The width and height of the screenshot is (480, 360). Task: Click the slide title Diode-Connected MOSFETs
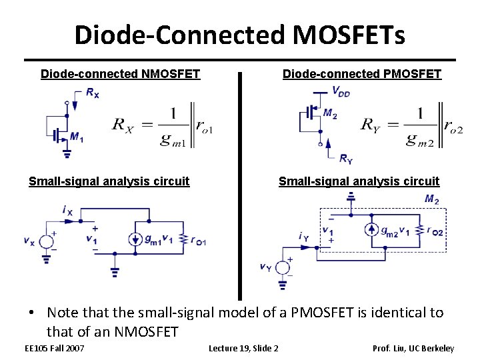(239, 35)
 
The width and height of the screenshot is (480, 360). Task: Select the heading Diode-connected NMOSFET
(120, 74)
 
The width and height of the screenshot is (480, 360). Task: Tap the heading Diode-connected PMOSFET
(361, 74)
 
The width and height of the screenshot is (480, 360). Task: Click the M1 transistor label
(77, 138)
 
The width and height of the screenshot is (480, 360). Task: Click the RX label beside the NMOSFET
(93, 93)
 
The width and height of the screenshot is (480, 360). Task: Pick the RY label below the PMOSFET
(346, 158)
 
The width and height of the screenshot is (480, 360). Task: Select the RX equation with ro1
(162, 125)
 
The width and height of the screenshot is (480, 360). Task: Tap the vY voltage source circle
(283, 267)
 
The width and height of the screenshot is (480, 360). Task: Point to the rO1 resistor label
(198, 241)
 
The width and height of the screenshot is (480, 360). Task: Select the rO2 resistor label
(435, 231)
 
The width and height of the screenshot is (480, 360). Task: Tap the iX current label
(67, 210)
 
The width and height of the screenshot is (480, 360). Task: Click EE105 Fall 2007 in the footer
(54, 348)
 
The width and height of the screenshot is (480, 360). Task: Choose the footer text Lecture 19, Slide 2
(243, 348)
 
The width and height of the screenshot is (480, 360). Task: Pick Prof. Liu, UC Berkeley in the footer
(413, 348)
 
